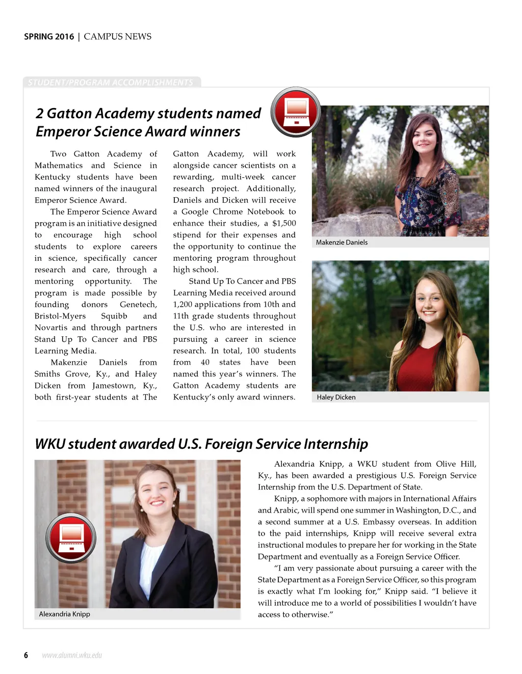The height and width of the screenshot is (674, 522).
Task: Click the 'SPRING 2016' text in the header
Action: pos(49,37)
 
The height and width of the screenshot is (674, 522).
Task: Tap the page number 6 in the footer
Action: pos(26,655)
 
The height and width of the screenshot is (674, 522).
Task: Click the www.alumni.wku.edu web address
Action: pos(72,655)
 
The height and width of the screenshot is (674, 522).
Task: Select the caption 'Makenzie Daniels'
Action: pos(342,242)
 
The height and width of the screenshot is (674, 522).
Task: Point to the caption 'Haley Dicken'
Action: pos(336,397)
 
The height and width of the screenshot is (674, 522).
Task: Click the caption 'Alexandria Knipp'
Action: pos(65,614)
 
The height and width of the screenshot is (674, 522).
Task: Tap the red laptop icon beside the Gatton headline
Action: pos(296,112)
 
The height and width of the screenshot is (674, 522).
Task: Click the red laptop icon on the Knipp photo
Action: pos(71,538)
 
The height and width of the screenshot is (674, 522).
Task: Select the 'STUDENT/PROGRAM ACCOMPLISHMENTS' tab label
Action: pos(111,83)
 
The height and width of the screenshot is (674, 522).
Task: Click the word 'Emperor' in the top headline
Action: pos(61,132)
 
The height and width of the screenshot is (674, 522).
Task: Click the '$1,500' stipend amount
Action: pos(284,224)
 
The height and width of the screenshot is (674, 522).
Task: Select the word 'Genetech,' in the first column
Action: pos(138,305)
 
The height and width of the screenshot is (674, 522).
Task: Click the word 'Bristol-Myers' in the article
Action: pos(60,316)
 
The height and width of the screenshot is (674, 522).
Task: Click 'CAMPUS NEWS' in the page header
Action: pos(118,37)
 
